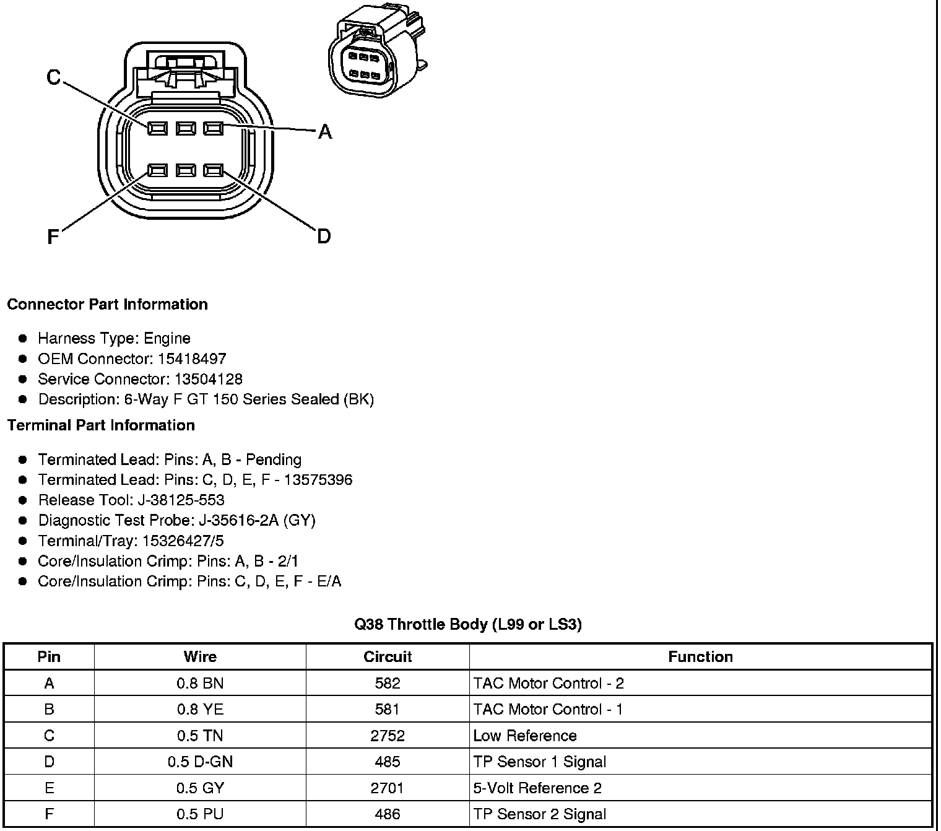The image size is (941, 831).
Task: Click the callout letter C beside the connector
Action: click(x=54, y=77)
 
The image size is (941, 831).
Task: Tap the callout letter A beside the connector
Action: click(x=324, y=132)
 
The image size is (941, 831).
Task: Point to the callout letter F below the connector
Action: click(x=53, y=237)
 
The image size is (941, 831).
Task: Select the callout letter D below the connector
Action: click(x=324, y=236)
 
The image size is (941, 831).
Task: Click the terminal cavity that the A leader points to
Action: click(x=213, y=128)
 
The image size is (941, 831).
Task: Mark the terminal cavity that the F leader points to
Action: click(x=157, y=170)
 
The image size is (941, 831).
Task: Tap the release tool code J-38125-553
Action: click(x=184, y=500)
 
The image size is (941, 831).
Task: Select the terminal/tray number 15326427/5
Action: click(x=183, y=541)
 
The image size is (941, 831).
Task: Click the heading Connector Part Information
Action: click(x=107, y=304)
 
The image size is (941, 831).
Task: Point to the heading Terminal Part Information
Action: click(x=101, y=425)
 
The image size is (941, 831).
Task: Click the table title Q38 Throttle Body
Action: click(x=467, y=624)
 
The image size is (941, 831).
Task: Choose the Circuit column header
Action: click(x=388, y=657)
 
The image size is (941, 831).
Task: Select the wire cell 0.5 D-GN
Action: click(x=200, y=762)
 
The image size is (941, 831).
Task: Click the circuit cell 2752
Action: click(x=388, y=736)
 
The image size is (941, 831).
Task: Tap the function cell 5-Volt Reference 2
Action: click(x=537, y=788)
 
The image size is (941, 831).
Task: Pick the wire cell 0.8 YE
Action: click(x=200, y=710)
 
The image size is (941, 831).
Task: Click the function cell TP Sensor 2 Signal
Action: click(x=539, y=814)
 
